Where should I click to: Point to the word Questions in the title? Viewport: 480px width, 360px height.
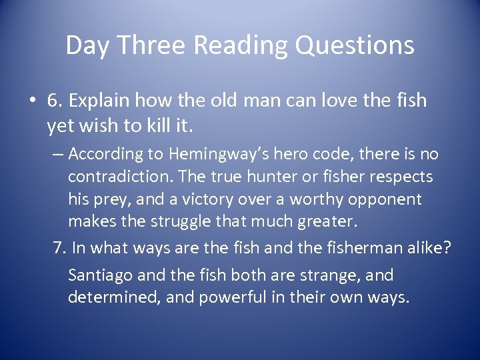tap(355, 45)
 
